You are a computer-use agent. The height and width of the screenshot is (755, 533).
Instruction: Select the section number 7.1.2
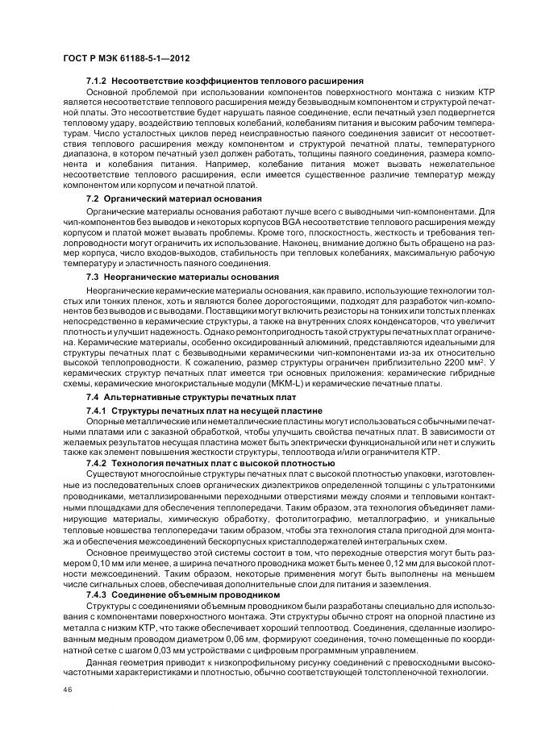point(97,81)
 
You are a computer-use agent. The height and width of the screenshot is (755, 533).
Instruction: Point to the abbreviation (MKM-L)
point(273,383)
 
